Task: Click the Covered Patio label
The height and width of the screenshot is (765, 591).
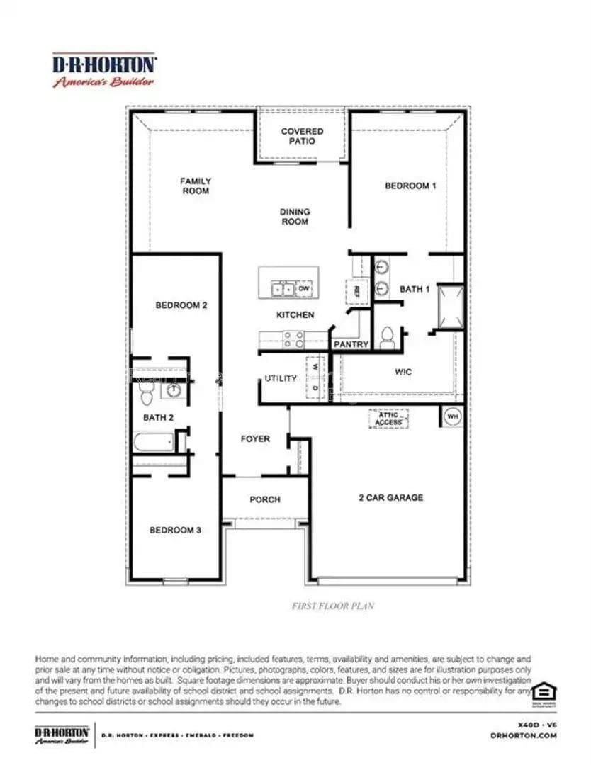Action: point(302,136)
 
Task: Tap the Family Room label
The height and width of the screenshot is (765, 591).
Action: point(195,186)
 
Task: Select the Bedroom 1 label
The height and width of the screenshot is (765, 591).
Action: point(410,186)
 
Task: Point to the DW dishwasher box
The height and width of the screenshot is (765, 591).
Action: point(304,289)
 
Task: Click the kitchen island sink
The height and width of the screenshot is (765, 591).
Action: point(284,289)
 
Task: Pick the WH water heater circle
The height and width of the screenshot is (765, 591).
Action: point(452,416)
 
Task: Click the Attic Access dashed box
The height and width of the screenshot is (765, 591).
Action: point(388,419)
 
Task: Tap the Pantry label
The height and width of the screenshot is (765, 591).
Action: point(351,344)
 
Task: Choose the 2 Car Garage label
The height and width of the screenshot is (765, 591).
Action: point(390,497)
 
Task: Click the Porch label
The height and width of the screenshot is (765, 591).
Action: point(264,499)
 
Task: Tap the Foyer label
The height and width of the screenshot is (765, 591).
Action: point(255,439)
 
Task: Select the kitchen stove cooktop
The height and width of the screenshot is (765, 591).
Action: point(293,340)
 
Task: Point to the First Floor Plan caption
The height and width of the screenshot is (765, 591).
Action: point(333,606)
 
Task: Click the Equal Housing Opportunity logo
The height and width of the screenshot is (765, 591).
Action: point(543,693)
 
